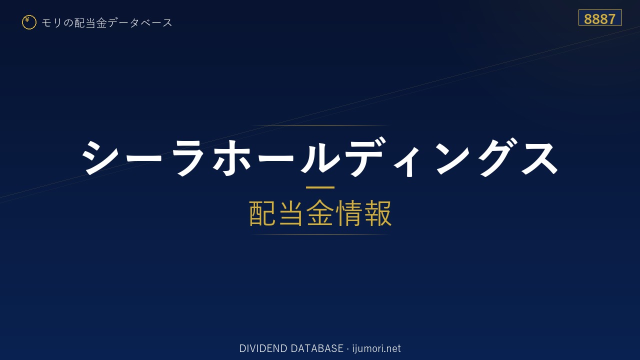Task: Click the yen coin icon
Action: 29,22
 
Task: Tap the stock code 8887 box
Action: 600,17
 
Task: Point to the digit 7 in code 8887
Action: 611,19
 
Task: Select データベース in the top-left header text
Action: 140,23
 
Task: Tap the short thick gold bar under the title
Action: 320,187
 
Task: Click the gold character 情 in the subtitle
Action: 349,213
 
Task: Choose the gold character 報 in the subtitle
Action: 377,213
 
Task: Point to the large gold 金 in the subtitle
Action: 320,213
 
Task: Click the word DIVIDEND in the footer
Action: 263,348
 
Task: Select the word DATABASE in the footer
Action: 317,348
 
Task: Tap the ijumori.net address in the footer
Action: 376,348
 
